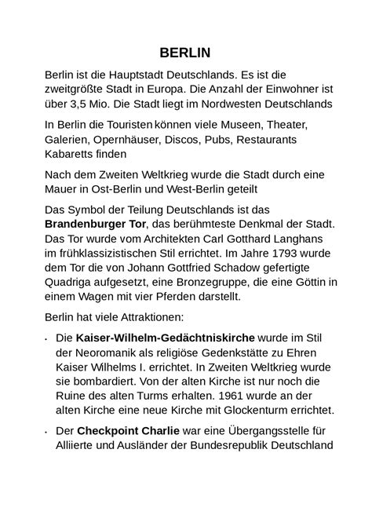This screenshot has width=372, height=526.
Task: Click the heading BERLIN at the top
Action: click(185, 53)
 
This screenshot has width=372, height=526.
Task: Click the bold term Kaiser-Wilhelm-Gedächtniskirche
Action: click(151, 339)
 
